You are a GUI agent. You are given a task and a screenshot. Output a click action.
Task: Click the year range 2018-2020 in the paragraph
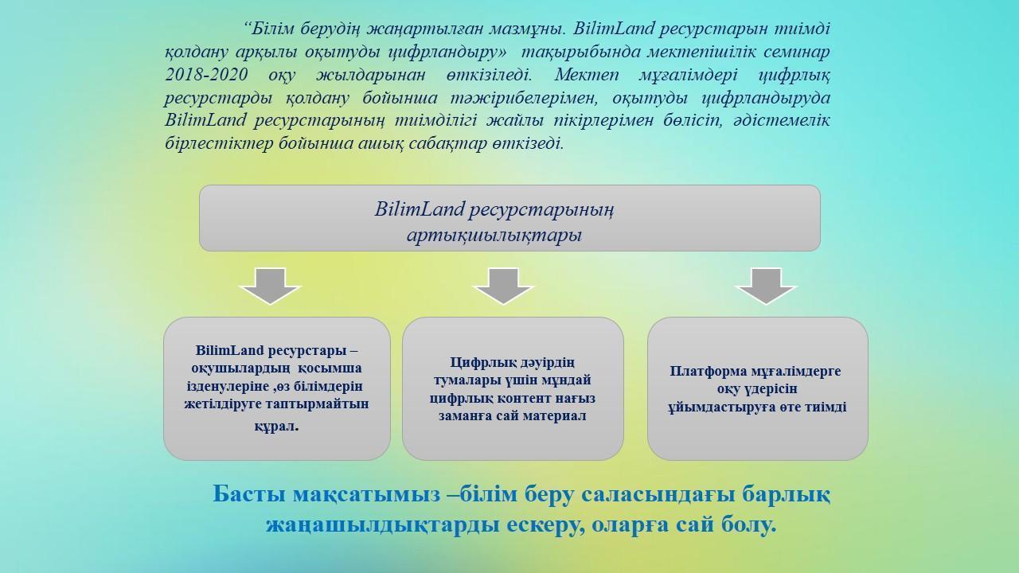coord(206,75)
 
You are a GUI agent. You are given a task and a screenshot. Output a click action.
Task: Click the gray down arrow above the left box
coord(270,286)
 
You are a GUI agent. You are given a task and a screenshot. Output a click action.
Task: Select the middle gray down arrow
coord(504,286)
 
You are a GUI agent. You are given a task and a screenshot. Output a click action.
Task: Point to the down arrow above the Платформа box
coord(766,286)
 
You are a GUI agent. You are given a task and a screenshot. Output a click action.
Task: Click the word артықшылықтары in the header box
coord(494,236)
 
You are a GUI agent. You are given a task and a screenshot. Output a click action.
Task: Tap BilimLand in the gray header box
coord(420,209)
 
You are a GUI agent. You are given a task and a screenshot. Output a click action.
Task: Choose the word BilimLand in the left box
coord(230,350)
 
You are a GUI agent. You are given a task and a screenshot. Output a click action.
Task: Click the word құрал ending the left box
coord(275,427)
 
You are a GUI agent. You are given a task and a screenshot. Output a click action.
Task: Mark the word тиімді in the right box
coord(826,407)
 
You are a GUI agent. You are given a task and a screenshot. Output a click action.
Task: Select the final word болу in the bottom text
coord(749,525)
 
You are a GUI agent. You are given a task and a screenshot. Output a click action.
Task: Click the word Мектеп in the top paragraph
coord(587,75)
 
